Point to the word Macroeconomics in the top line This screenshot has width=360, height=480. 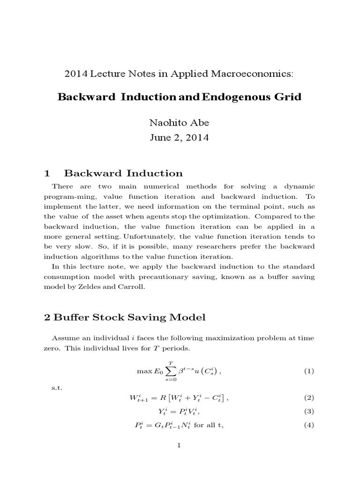(x=257, y=73)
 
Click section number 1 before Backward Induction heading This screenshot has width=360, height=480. (x=47, y=173)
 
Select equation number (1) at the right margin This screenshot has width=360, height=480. (x=308, y=371)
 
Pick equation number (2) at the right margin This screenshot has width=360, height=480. (x=308, y=398)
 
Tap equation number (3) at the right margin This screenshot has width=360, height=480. (x=308, y=412)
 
